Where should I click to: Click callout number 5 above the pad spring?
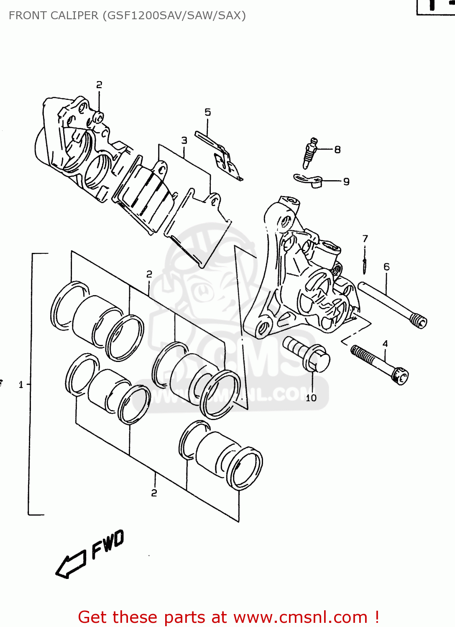[x=208, y=112]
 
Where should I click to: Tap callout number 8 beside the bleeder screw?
[x=337, y=149]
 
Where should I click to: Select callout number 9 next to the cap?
[x=346, y=181]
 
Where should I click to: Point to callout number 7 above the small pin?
[x=365, y=238]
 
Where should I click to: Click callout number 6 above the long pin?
[x=386, y=267]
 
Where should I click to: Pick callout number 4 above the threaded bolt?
[x=385, y=344]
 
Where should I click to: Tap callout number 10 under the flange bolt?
[x=311, y=398]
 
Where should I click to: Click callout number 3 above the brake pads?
[x=184, y=140]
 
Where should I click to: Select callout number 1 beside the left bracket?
[x=21, y=385]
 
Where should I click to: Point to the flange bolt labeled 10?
[x=307, y=354]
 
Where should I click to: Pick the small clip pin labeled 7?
[x=365, y=266]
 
